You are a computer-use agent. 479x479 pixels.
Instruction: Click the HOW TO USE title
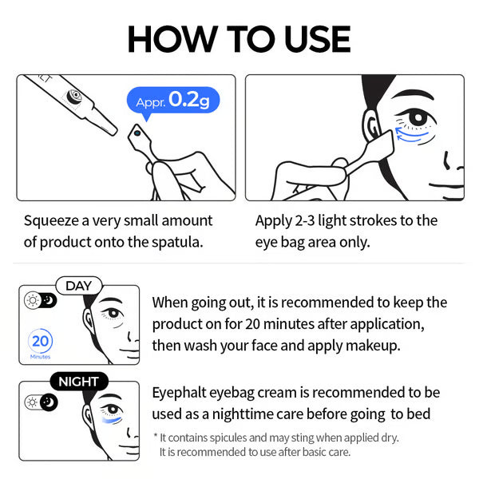pos(239,39)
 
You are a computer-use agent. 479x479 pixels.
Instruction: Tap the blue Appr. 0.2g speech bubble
pos(172,101)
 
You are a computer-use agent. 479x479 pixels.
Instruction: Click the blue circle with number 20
pos(40,341)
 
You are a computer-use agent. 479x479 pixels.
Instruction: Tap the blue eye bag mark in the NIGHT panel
pos(113,421)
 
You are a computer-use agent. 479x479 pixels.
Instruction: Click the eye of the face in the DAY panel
pos(112,313)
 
